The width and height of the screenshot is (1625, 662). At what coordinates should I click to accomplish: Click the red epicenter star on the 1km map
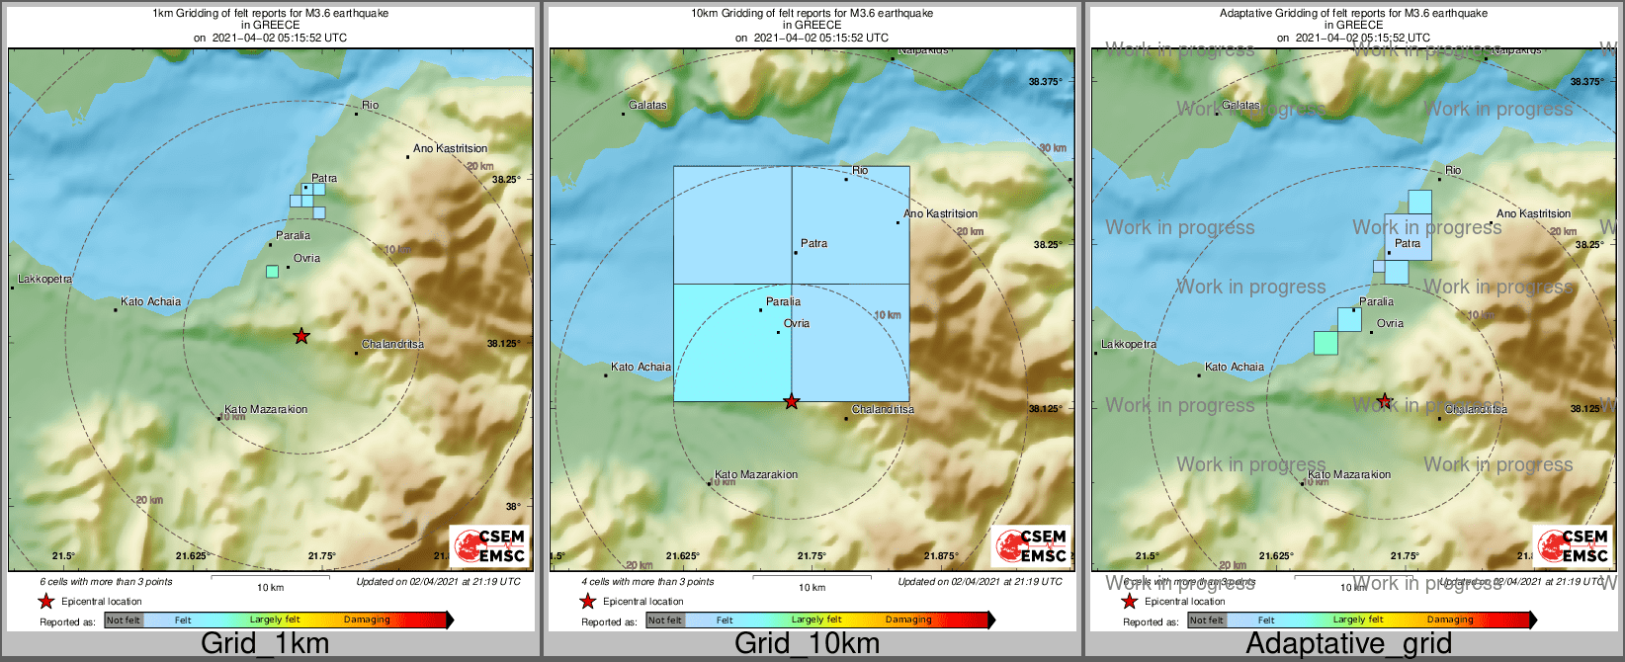(x=301, y=336)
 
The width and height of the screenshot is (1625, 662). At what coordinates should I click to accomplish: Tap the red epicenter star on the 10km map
(x=791, y=401)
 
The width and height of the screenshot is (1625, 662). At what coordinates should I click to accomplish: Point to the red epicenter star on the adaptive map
(x=1385, y=401)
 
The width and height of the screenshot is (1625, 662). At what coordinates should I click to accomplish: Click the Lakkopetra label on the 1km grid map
(x=45, y=280)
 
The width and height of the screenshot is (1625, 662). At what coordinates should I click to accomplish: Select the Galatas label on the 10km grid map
(x=648, y=105)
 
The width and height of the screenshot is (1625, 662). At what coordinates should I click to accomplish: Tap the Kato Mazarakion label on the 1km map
(x=266, y=409)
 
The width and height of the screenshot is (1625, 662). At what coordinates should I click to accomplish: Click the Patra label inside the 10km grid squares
(x=813, y=243)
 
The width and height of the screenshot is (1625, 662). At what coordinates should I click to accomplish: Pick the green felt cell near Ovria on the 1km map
(x=273, y=272)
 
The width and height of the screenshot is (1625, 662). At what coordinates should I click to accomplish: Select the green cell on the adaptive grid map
(x=1326, y=343)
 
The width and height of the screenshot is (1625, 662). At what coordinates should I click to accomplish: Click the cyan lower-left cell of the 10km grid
(x=731, y=343)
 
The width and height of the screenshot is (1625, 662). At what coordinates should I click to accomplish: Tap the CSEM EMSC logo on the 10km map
(x=1030, y=545)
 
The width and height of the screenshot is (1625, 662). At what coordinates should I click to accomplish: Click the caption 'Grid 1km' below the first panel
(x=265, y=643)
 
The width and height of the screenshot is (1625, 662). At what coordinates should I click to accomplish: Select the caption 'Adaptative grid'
(x=1348, y=643)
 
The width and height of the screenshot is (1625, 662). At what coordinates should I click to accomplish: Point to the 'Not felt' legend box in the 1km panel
(x=124, y=621)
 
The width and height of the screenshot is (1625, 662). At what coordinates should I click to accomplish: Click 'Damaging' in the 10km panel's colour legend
(x=908, y=621)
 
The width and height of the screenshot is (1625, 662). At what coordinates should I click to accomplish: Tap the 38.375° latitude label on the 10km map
(x=1045, y=82)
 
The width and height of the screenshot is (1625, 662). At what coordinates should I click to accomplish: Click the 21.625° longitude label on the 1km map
(x=193, y=555)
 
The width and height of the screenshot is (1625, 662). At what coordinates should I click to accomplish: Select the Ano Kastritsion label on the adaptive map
(x=1533, y=213)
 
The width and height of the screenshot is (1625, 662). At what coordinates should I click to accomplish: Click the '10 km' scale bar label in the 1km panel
(x=270, y=587)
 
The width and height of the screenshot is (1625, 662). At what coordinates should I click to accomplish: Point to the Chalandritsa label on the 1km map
(x=392, y=344)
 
